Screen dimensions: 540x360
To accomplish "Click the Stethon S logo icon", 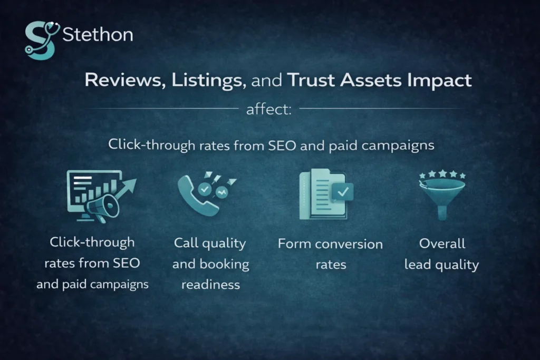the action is point(41,40).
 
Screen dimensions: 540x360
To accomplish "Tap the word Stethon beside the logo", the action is point(98,35).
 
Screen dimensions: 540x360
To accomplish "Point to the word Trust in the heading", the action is point(311,80).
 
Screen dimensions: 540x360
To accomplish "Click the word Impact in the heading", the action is point(439,81).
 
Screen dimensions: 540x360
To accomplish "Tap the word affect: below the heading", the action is point(268,109).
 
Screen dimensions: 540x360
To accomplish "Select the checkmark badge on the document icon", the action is point(342,191).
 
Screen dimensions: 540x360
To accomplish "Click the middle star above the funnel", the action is point(442,173).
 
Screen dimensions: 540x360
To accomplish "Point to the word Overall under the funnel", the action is point(442,244).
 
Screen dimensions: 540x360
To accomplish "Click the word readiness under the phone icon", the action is point(211,285).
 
